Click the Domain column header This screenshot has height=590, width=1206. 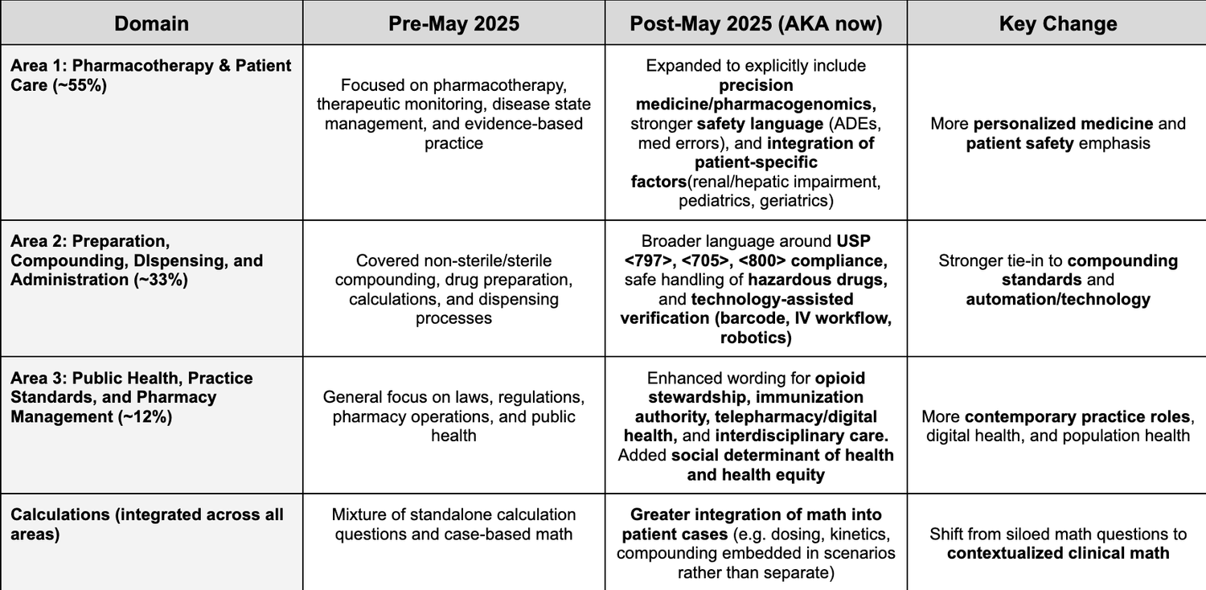tap(151, 23)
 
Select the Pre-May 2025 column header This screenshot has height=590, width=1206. tap(453, 23)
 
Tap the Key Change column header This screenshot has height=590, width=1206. tap(1057, 23)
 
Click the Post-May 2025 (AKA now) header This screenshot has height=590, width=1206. tap(756, 23)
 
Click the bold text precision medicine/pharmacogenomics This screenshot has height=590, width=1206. tap(756, 95)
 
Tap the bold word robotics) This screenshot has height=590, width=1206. tap(756, 338)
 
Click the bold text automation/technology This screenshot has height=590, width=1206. tap(1057, 299)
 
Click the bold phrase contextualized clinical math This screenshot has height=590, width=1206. tap(1057, 553)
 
